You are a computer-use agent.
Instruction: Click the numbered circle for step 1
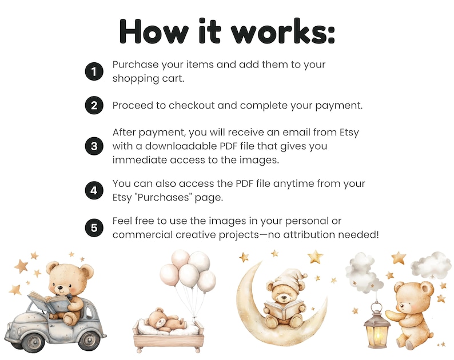pos(94,71)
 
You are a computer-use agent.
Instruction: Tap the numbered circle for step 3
pos(94,146)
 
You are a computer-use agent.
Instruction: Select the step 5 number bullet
pos(94,228)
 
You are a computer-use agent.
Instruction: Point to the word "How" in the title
pos(154,31)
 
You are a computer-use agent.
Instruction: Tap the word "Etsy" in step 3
pos(349,133)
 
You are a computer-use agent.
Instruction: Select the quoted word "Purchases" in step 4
pos(164,197)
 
